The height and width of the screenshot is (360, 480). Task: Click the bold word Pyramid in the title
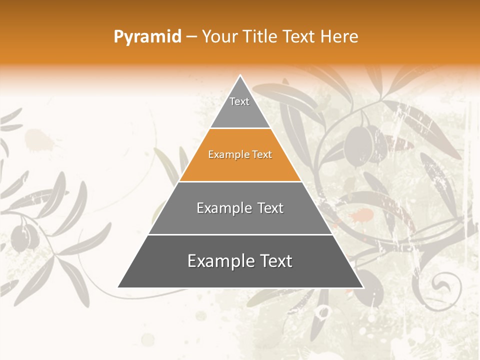(147, 36)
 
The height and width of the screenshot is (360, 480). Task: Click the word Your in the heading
(218, 36)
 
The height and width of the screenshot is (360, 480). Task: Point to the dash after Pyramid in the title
(191, 36)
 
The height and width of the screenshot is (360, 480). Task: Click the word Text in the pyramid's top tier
(239, 101)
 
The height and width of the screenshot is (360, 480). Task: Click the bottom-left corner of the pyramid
(118, 287)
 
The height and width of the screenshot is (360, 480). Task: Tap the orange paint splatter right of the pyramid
(361, 216)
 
